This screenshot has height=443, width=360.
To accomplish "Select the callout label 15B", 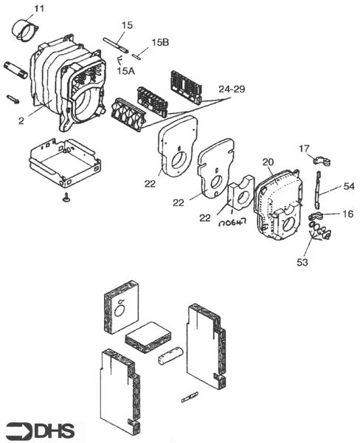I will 160,43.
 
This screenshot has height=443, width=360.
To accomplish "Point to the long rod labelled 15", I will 118,44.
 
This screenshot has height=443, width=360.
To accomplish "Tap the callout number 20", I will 268,161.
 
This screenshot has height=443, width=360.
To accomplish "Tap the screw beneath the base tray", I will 66,196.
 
